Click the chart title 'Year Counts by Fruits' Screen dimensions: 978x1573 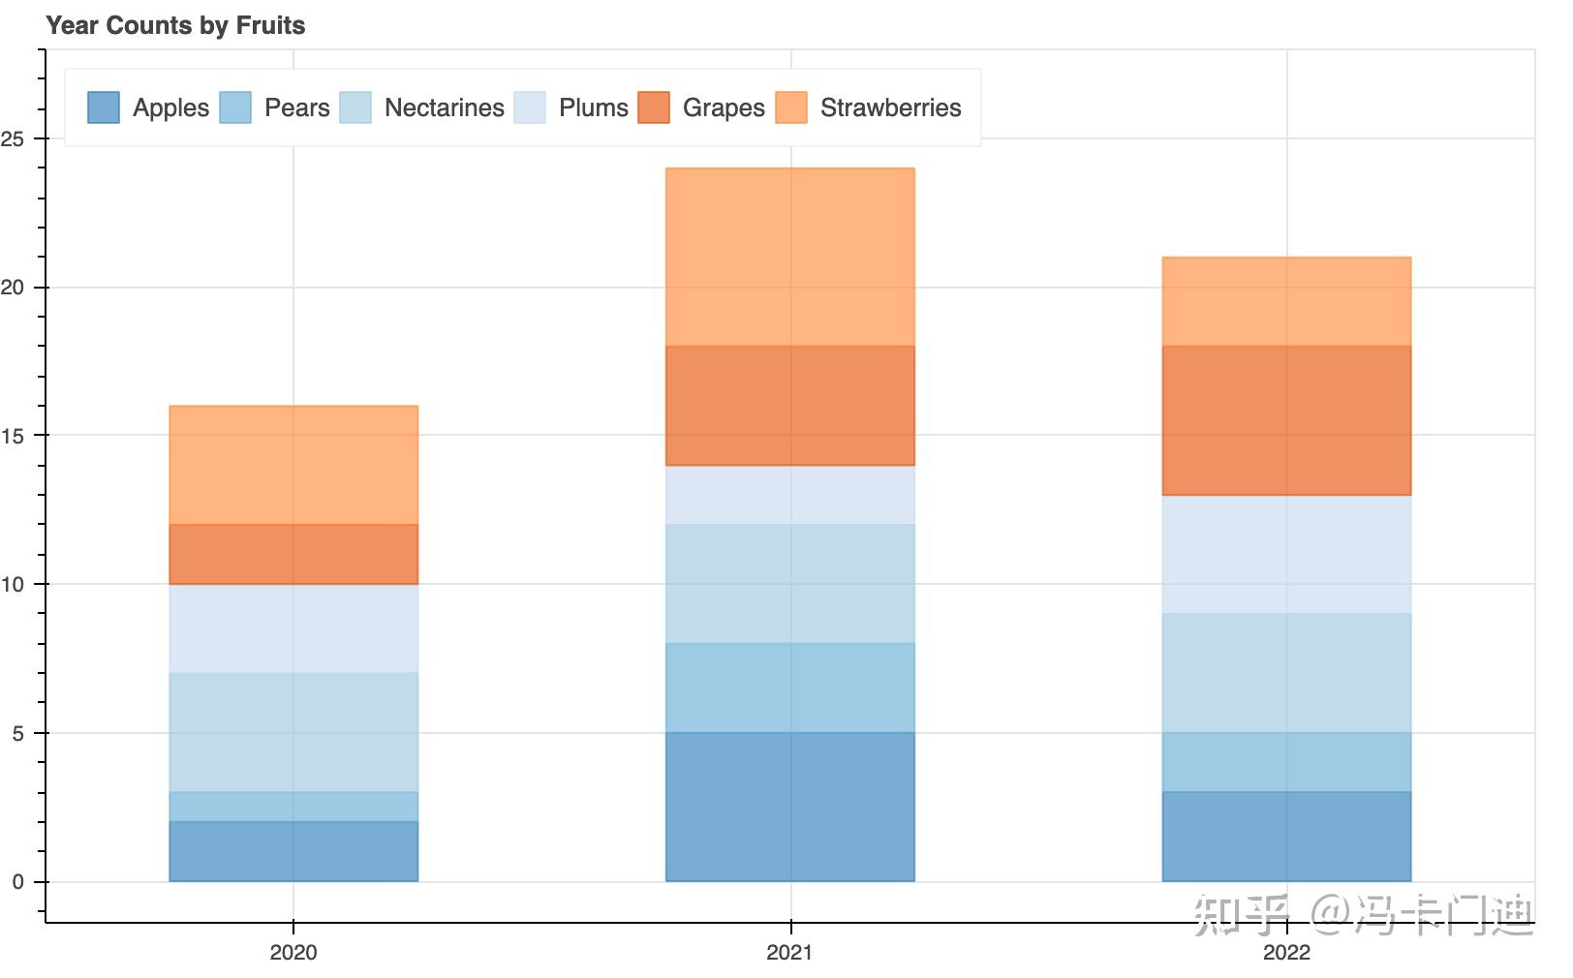(x=175, y=26)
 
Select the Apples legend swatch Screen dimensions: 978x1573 (x=104, y=107)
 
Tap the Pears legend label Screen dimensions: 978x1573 (x=296, y=107)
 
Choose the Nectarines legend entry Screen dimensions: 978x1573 (x=444, y=107)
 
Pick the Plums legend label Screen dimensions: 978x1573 (x=593, y=107)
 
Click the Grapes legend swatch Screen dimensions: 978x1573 (x=654, y=107)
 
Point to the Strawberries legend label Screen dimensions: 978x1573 (x=890, y=107)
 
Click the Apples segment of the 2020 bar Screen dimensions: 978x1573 (x=293, y=851)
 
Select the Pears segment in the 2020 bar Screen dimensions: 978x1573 (x=293, y=807)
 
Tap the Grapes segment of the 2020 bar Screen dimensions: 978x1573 (x=293, y=554)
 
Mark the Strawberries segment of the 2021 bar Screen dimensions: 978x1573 (x=790, y=257)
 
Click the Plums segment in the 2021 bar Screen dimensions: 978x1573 (x=790, y=495)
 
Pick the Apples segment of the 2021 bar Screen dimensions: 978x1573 (x=790, y=807)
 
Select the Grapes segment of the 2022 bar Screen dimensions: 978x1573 (x=1286, y=420)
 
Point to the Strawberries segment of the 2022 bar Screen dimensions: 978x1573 (x=1286, y=301)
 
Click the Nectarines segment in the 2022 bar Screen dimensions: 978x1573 (x=1286, y=673)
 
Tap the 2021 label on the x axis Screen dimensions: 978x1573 (x=789, y=952)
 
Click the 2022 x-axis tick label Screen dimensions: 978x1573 (x=1286, y=952)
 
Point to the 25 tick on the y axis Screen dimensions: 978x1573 (x=13, y=139)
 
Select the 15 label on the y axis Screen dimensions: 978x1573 (x=13, y=436)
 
